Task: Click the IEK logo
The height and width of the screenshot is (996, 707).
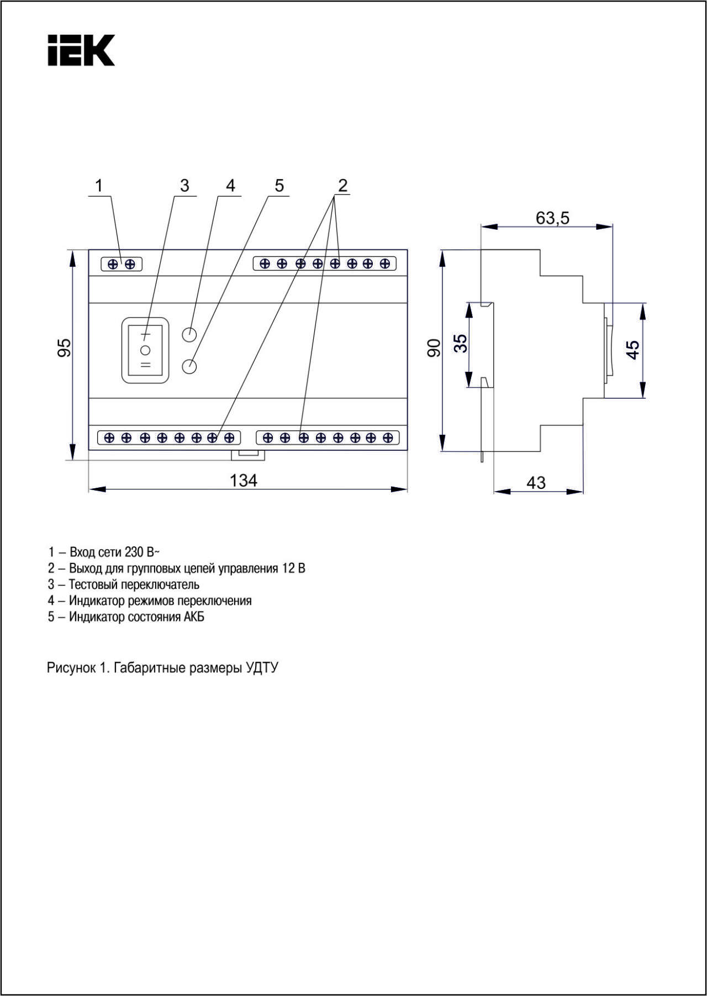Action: [81, 50]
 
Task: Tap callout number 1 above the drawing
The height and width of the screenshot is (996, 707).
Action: [99, 186]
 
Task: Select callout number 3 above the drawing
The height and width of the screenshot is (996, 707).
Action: [184, 186]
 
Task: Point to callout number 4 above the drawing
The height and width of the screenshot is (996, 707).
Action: [230, 186]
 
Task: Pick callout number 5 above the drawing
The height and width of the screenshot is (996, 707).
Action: [279, 186]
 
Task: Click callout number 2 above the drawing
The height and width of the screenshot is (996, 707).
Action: [342, 186]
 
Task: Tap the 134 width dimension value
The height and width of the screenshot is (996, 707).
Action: [244, 481]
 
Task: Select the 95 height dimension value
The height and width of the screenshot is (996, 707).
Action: [65, 347]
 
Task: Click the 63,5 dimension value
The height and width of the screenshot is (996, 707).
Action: [552, 218]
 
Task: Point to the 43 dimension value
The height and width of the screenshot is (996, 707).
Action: [536, 483]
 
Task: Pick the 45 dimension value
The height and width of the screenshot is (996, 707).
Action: [632, 350]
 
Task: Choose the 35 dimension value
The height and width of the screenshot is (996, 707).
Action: [460, 343]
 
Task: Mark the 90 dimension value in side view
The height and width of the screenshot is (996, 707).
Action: [435, 348]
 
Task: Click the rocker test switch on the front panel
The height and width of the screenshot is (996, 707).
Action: [145, 350]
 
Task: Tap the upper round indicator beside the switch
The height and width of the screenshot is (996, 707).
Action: [189, 334]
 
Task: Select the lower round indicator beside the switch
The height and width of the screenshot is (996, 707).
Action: [189, 366]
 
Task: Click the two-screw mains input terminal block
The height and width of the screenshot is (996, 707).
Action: [122, 264]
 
